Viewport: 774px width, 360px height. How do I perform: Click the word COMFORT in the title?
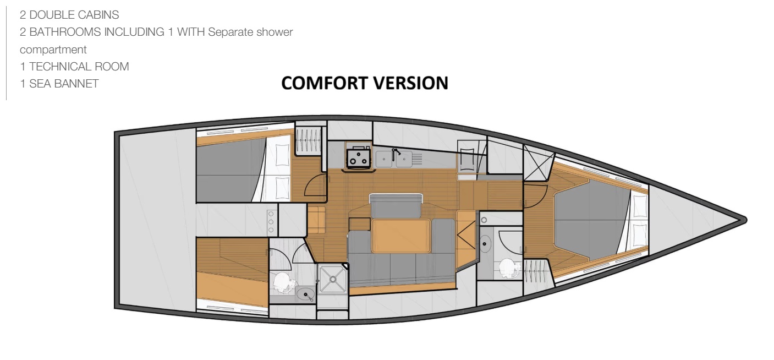pos(325,83)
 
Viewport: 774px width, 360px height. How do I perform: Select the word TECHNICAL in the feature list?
pos(61,67)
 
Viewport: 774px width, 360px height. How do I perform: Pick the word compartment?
pos(53,50)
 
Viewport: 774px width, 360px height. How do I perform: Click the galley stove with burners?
pos(359,157)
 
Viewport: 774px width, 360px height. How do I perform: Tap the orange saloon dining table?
pos(401,236)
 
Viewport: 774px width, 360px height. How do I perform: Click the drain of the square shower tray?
pos(333,279)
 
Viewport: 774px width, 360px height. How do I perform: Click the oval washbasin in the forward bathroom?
pos(485,244)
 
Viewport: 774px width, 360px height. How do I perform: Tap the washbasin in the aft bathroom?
pos(305,294)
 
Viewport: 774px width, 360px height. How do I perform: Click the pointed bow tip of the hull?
pos(745,220)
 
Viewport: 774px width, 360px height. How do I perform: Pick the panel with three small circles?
pos(271,222)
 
